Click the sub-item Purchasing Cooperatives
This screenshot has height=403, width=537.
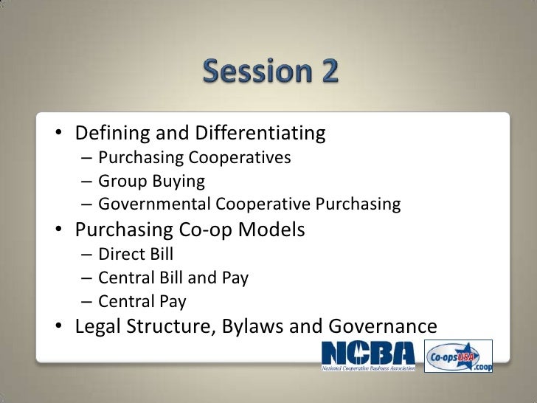(195, 158)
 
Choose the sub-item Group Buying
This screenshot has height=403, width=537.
(151, 181)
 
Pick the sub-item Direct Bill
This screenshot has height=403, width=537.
(136, 255)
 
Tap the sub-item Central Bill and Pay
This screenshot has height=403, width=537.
(173, 278)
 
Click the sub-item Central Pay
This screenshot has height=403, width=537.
(142, 301)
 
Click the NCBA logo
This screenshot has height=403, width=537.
(369, 356)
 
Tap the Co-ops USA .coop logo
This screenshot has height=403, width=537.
(459, 356)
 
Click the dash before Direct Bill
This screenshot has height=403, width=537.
(86, 255)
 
